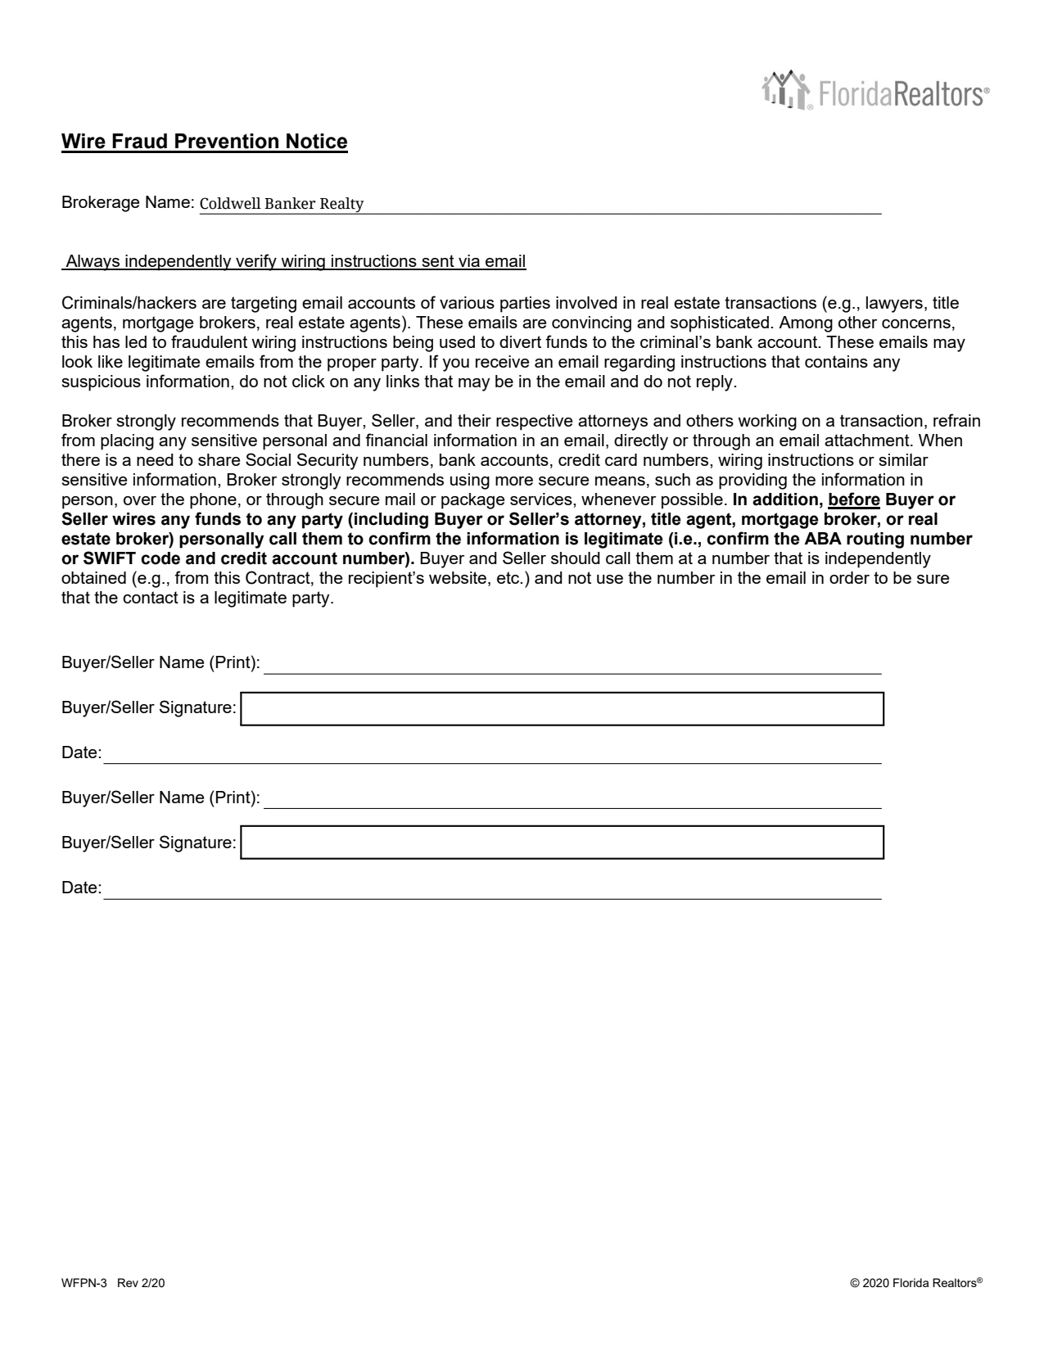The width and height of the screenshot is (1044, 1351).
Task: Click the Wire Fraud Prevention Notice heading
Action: tap(205, 142)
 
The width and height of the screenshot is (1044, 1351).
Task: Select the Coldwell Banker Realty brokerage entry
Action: tap(282, 204)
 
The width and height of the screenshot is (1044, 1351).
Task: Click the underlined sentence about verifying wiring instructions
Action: tap(295, 262)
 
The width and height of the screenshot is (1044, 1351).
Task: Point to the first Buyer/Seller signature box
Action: tap(563, 709)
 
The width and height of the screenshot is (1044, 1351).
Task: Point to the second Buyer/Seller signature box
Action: tap(563, 843)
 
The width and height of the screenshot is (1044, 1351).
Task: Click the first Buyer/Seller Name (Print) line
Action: tap(572, 665)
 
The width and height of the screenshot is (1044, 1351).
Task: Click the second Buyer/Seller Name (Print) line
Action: tap(572, 799)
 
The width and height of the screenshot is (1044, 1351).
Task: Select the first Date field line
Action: tap(491, 754)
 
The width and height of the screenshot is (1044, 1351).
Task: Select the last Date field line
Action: tap(491, 889)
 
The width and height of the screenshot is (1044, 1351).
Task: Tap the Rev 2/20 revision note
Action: tap(141, 1284)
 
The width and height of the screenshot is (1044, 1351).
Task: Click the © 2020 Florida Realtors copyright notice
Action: tap(916, 1284)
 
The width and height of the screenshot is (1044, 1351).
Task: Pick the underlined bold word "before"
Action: tap(854, 499)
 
